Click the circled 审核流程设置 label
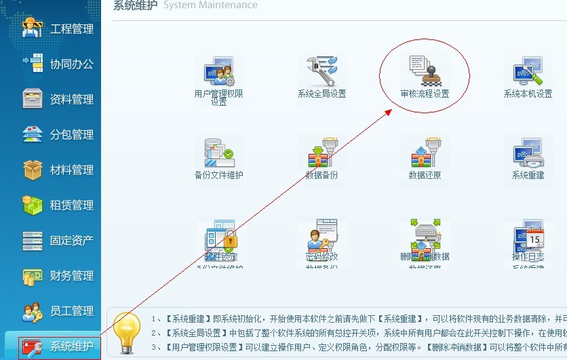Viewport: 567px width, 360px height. (x=425, y=94)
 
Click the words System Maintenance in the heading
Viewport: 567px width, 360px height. (x=210, y=5)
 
